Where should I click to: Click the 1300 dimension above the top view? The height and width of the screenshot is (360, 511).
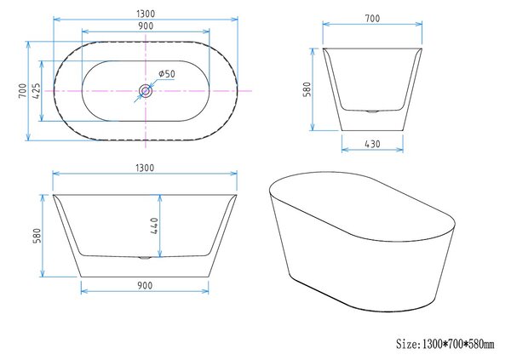[146, 14]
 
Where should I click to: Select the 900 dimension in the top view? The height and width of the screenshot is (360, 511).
[146, 26]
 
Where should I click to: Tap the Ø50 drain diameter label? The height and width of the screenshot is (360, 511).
[167, 74]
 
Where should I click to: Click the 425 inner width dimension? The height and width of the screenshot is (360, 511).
[36, 91]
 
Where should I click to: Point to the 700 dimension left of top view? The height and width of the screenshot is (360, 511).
[22, 91]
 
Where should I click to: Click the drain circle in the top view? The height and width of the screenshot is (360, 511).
[146, 91]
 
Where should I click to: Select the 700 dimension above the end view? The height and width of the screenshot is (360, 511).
[372, 18]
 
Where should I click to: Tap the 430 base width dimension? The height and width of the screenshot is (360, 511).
[372, 144]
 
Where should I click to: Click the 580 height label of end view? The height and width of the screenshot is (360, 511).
[307, 89]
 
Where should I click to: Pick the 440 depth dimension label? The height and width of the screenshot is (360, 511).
[154, 226]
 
